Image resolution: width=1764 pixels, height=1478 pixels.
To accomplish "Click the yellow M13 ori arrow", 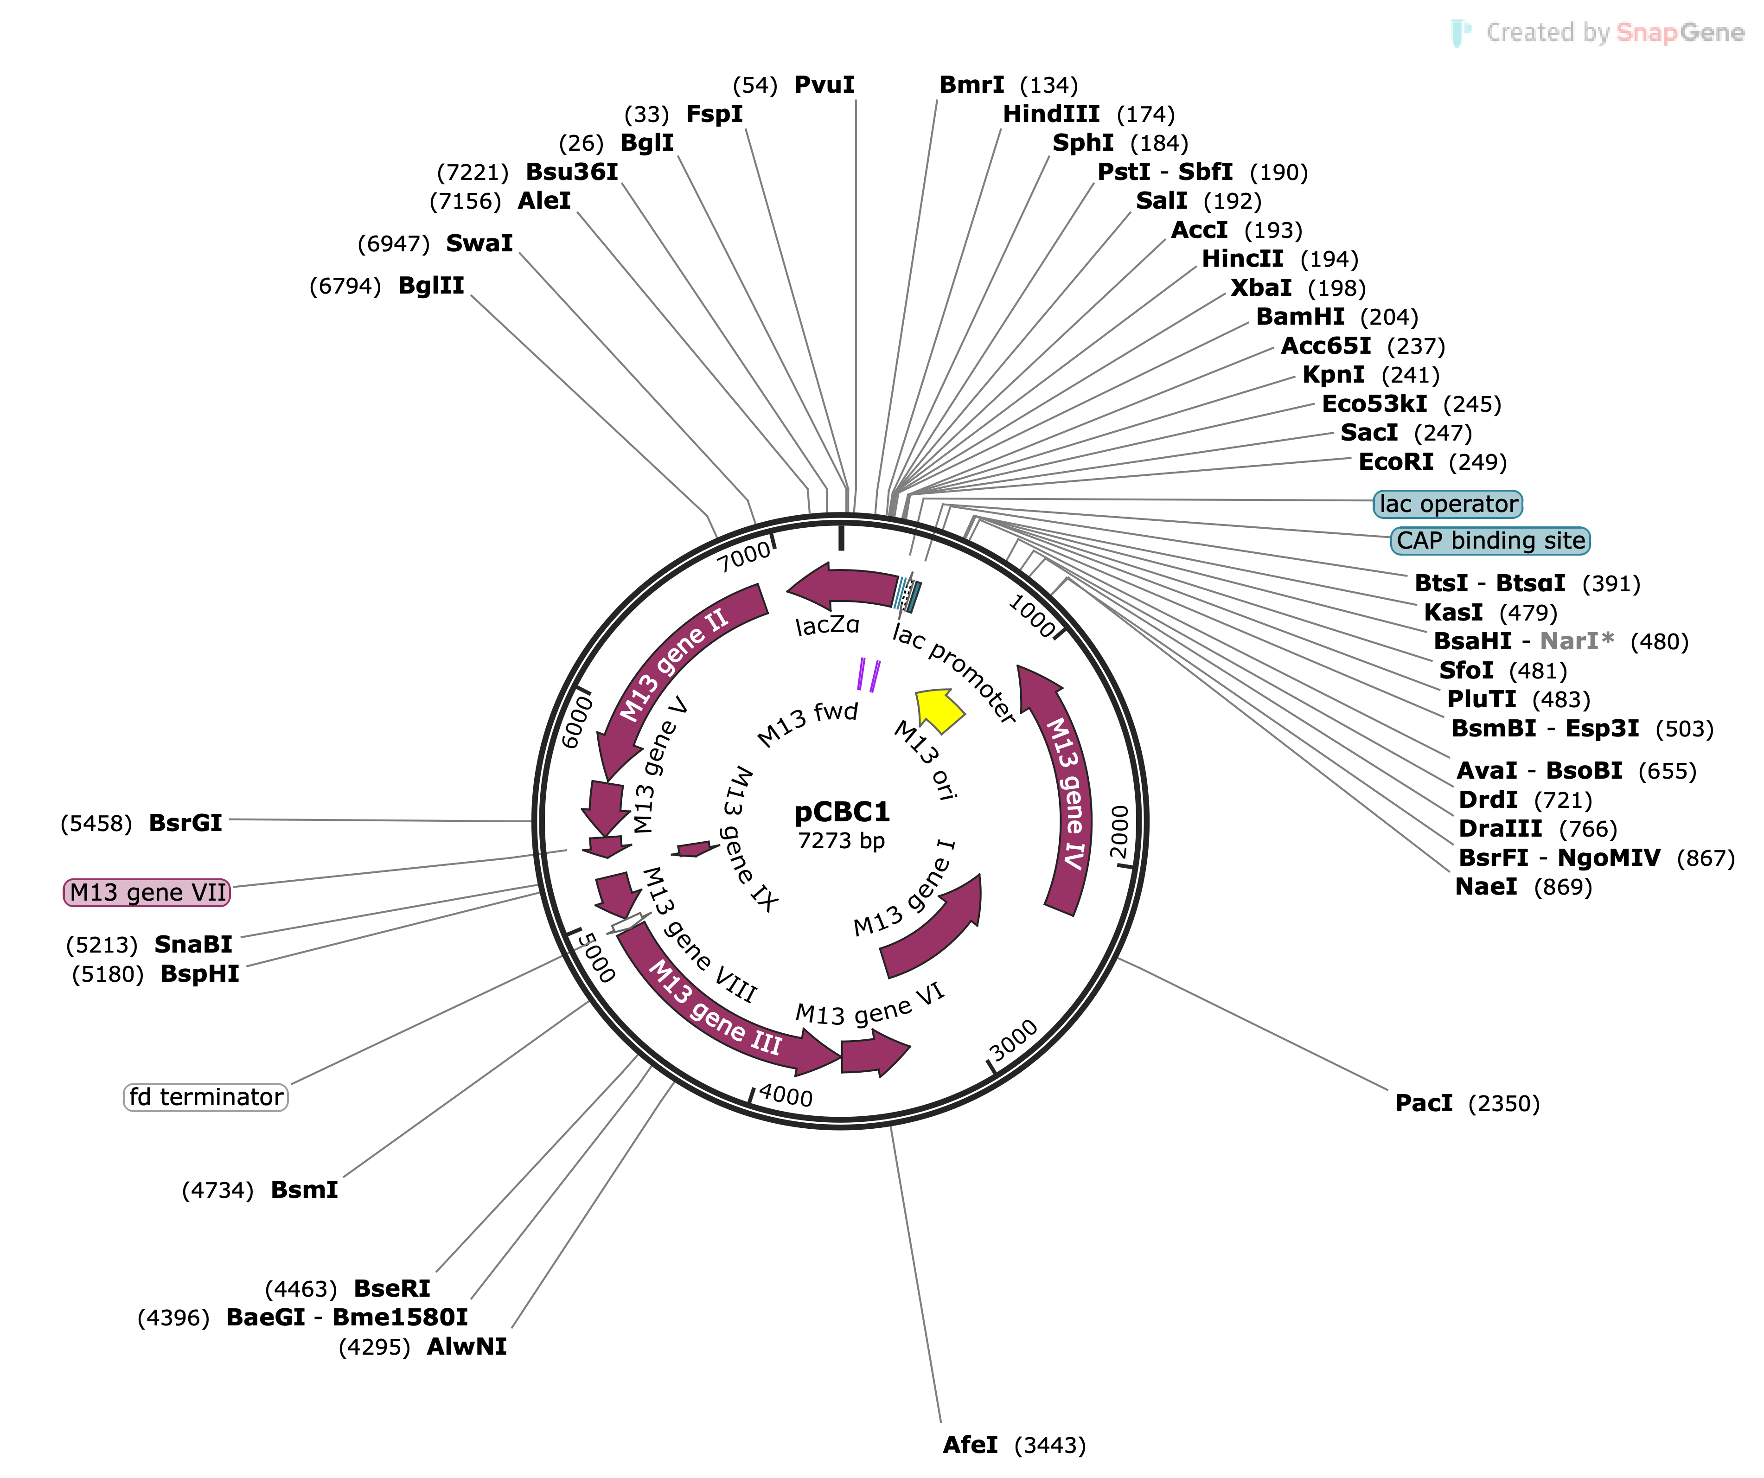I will [939, 708].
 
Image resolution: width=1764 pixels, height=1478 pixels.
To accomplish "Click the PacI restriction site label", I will [1423, 1103].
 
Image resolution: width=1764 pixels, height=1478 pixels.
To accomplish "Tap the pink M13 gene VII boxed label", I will [147, 892].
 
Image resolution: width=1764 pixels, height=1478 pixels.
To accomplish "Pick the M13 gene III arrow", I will [714, 1017].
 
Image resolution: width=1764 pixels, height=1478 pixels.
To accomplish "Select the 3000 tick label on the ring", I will [1014, 1042].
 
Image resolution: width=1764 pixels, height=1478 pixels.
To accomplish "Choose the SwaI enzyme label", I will [479, 243].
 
